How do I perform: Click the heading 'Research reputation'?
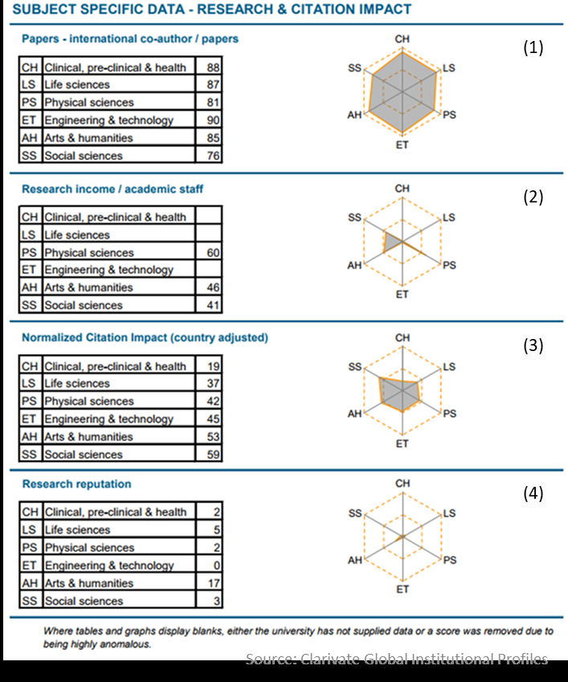(x=76, y=484)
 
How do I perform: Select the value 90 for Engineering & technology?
(x=213, y=120)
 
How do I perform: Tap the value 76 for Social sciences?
(x=213, y=156)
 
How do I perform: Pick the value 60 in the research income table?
(x=213, y=253)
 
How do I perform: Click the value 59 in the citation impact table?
(x=213, y=455)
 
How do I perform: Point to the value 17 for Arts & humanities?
(x=213, y=583)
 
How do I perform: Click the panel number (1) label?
(x=533, y=47)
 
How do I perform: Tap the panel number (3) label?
(x=533, y=346)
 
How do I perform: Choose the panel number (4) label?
(x=533, y=493)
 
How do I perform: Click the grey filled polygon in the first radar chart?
(x=402, y=92)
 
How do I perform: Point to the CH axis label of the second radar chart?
(x=402, y=189)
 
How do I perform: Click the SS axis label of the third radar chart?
(x=354, y=367)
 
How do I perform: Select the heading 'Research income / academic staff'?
(x=112, y=189)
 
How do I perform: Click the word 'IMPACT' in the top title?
(x=383, y=10)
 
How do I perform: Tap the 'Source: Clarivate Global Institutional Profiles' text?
(x=397, y=659)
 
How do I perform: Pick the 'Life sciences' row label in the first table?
(x=77, y=85)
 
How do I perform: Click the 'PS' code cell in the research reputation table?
(x=30, y=548)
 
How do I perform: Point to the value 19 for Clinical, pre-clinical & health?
(x=213, y=366)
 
